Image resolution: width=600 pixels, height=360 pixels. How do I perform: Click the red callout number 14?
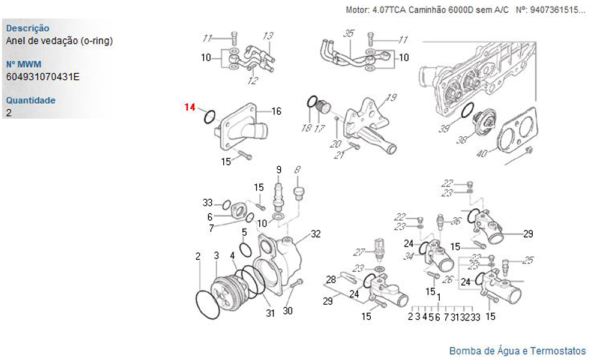[x=190, y=107]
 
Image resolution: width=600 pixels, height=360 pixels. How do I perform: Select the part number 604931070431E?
[x=43, y=77]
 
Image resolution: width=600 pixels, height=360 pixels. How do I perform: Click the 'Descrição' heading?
[x=28, y=28]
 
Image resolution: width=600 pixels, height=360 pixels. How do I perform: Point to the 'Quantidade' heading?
[x=31, y=100]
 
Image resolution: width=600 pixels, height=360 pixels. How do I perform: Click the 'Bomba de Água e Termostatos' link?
[x=517, y=351]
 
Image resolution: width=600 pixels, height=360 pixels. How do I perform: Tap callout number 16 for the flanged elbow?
[x=276, y=111]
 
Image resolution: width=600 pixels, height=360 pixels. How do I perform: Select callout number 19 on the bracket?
[x=391, y=98]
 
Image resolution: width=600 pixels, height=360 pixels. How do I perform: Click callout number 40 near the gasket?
[x=482, y=153]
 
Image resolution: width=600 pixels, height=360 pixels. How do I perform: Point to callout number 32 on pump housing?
[x=316, y=234]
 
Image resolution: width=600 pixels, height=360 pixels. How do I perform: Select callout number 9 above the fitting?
[x=278, y=169]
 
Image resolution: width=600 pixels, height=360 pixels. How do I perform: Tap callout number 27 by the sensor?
[x=359, y=252]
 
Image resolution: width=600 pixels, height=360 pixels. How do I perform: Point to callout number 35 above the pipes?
[x=349, y=33]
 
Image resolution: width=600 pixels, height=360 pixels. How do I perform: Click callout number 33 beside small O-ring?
[x=208, y=202]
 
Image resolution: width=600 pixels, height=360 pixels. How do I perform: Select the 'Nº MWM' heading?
[x=24, y=64]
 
